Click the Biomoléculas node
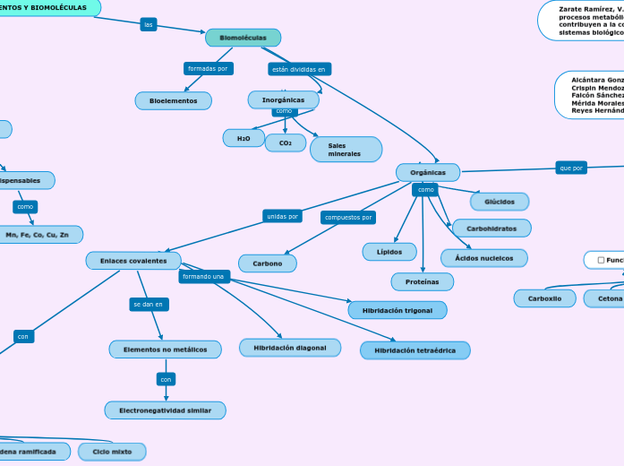coord(243,38)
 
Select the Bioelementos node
coord(173,101)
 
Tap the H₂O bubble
coord(244,138)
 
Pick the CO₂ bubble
coord(286,142)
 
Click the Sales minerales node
coord(346,149)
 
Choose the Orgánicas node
coord(427,171)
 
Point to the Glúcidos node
coord(500,202)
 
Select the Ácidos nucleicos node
coord(484,258)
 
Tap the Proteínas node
coord(422,281)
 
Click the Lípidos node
coord(389,252)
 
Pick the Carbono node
coord(267,263)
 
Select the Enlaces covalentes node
coord(133,261)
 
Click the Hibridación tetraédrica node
coord(415,349)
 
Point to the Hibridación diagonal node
coord(290,347)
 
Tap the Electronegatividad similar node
coord(165,410)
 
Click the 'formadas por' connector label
coord(208,68)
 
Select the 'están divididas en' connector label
coord(300,69)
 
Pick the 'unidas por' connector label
coord(282,216)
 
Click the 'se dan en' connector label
coord(149,305)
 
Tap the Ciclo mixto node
coord(112,452)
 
